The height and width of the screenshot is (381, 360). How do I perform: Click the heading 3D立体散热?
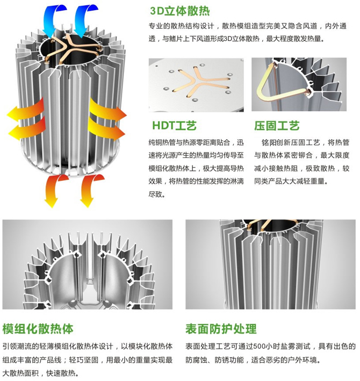coord(180,11)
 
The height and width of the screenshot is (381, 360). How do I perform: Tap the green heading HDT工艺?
coord(174,126)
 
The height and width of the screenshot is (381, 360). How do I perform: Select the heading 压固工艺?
coord(277,126)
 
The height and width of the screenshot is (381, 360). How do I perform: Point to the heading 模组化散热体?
coord(38,329)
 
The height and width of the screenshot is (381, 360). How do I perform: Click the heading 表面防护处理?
coord(221,329)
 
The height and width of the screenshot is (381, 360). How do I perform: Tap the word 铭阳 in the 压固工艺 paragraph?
coord(269,142)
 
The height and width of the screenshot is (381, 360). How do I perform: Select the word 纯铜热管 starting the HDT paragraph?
coord(162,142)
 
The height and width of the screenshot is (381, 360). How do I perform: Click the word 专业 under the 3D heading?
coord(155,26)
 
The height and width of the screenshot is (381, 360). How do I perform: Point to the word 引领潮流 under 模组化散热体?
coord(17,346)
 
